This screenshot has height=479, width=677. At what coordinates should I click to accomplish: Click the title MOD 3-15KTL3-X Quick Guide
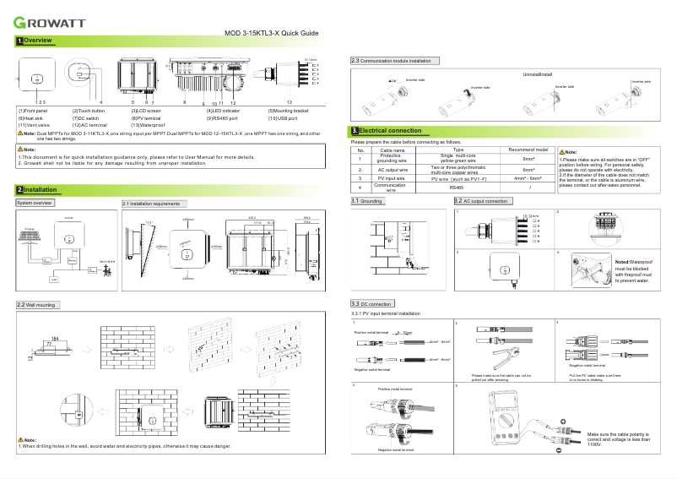pyautogui.click(x=271, y=33)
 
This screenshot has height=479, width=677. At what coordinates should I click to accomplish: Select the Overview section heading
pyautogui.click(x=39, y=41)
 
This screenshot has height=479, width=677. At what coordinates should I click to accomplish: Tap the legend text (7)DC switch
pyautogui.click(x=89, y=118)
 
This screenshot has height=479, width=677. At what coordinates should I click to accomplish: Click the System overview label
pyautogui.click(x=35, y=204)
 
